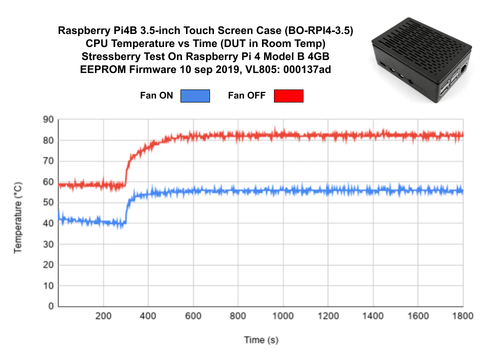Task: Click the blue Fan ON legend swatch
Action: [195, 95]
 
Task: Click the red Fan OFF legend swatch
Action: [288, 95]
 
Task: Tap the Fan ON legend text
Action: [156, 95]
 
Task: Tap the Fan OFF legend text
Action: [246, 95]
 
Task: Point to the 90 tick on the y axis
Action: [48, 119]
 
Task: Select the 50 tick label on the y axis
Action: [48, 202]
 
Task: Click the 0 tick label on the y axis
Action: [50, 306]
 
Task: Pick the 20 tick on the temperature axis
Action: [48, 264]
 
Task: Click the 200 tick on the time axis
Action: [103, 316]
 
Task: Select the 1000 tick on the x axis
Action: [283, 316]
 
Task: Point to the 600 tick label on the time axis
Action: [193, 316]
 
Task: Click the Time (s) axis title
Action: [261, 340]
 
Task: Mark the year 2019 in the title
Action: [225, 70]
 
